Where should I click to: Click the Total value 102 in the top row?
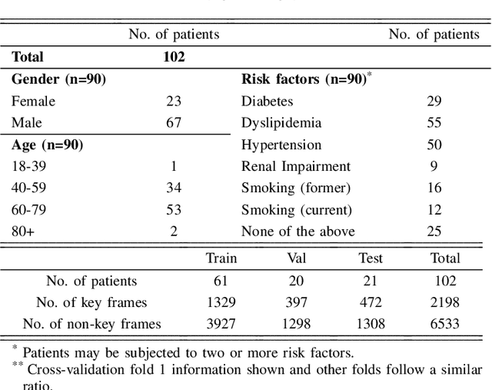click(174, 57)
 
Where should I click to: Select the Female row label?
click(33, 101)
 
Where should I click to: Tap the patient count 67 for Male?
click(174, 123)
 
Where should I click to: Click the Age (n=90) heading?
click(47, 145)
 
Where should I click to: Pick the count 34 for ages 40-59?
click(174, 188)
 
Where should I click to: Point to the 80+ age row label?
click(23, 231)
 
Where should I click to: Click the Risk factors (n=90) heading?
click(304, 79)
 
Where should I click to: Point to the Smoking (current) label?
click(296, 209)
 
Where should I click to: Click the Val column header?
click(297, 258)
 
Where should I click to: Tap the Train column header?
click(221, 258)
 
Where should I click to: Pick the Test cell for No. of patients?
click(371, 281)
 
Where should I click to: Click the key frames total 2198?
click(445, 302)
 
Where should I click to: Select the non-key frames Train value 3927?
click(221, 324)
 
